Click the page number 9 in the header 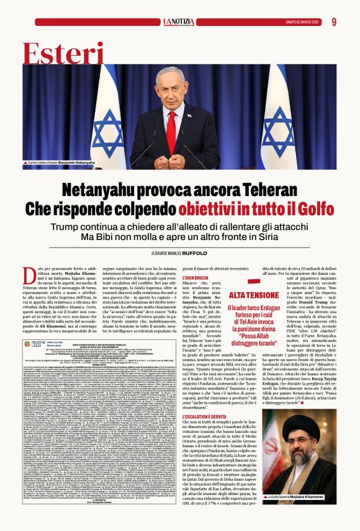coord(334,22)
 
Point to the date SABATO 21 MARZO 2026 coord(302,22)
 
